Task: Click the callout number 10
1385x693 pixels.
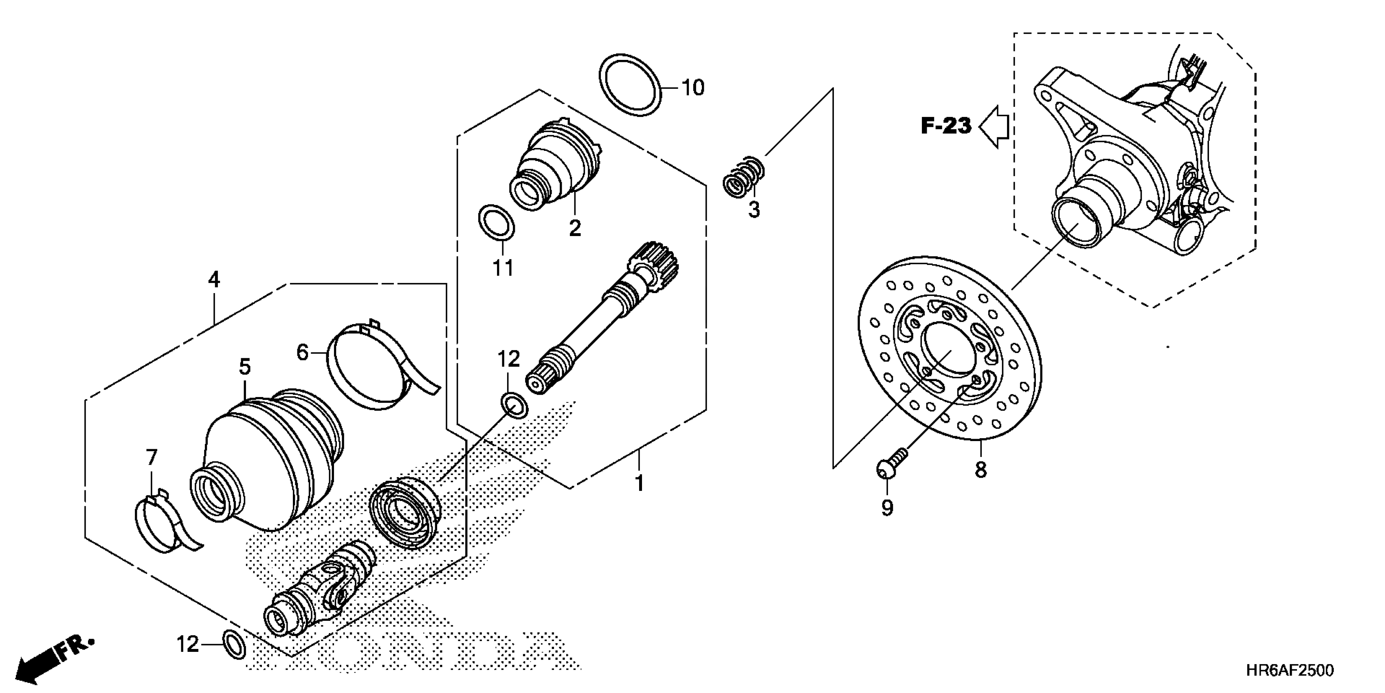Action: pos(692,88)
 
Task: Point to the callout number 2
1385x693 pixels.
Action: pos(575,228)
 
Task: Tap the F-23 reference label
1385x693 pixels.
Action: pos(946,126)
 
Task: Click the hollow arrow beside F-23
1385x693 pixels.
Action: pos(994,127)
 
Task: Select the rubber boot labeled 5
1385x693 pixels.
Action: pos(269,457)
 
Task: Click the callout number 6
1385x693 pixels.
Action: pos(302,353)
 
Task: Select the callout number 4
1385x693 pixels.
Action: pos(214,279)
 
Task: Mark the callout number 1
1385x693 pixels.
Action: pos(639,483)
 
